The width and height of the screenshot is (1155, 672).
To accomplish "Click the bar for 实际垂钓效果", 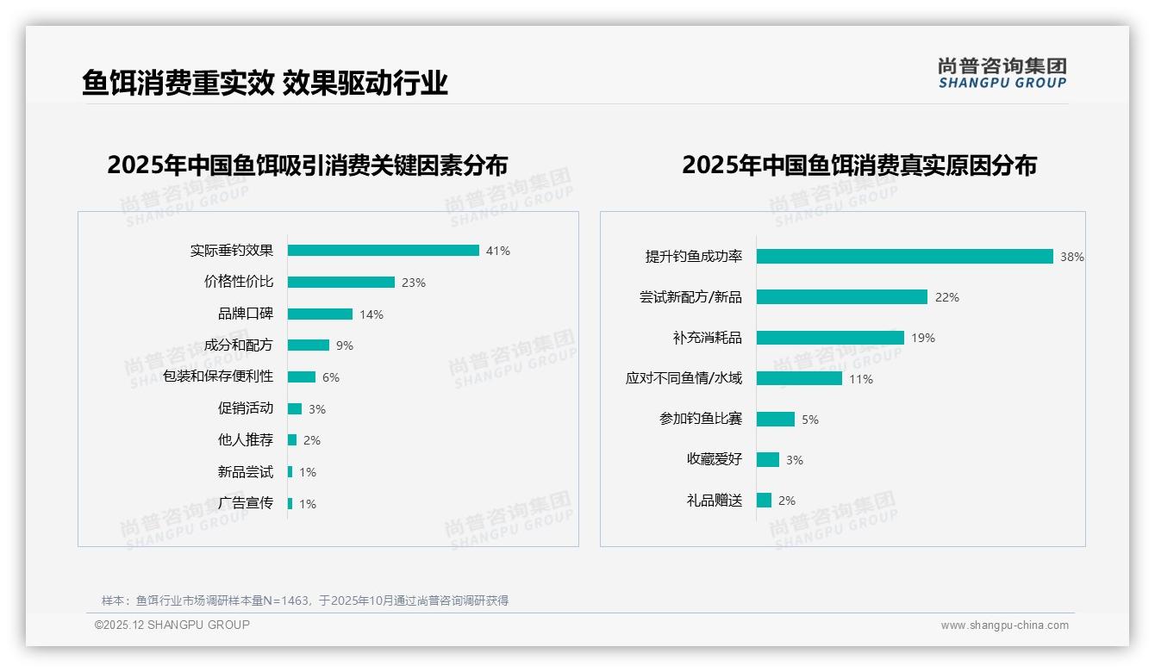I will pos(383,251).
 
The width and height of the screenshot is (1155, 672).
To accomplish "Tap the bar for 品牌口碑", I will pos(320,314).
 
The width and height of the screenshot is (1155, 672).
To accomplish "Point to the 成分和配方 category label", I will pos(238,345).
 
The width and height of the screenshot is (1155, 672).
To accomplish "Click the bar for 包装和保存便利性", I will pos(301,377).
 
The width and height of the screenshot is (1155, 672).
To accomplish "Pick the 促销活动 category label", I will pos(245,408).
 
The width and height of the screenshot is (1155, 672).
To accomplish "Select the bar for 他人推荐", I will pos(291,440).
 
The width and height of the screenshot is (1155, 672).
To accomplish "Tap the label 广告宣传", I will pos(245,503).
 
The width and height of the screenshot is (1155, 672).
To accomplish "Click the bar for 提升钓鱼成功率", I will pos(904,257).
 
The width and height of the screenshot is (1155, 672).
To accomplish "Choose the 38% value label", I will pos(1071,257).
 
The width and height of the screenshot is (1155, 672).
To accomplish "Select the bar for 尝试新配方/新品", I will pos(841,297).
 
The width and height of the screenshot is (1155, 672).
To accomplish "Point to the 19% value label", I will pos(923,338).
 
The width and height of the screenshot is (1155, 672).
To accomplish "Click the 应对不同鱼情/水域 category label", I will pos(684,378).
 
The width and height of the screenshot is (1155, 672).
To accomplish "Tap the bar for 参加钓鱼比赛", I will pos(775,419).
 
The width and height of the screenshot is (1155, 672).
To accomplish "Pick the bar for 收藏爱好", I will pos(767,459).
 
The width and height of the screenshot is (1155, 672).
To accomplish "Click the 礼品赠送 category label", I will pos(714,500).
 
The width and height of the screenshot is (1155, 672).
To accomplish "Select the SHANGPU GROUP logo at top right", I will pos(1002,73).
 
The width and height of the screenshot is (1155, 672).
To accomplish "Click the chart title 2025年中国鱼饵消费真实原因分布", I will pos(858,165).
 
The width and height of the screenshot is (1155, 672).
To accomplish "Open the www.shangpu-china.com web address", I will pos(1004,625).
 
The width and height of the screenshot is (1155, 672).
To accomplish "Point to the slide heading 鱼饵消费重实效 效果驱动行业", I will pos(265,84).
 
